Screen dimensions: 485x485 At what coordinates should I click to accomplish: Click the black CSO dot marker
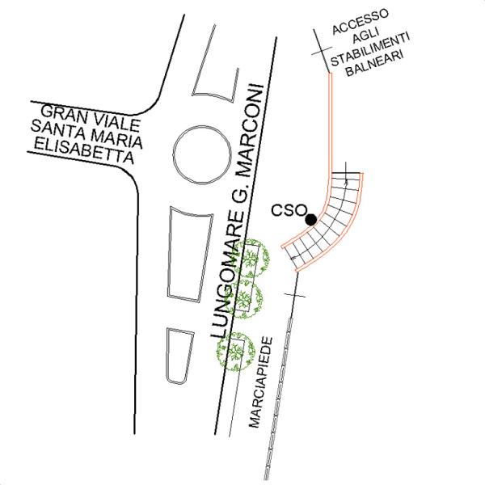[x=311, y=220]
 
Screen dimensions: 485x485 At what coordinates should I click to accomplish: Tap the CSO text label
[x=289, y=210]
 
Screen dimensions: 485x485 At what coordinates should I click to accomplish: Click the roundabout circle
[x=202, y=154]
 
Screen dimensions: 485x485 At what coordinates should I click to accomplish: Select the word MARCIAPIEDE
[x=261, y=382]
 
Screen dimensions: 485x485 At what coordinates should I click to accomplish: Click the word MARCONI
[x=253, y=130]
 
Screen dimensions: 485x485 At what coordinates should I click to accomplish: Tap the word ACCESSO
[x=361, y=22]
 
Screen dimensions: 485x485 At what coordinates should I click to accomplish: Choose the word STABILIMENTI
[x=370, y=49]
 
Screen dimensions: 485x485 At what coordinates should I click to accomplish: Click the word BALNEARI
[x=375, y=64]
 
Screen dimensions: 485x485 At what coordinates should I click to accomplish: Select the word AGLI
[x=366, y=36]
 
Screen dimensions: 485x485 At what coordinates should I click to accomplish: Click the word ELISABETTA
[x=84, y=151]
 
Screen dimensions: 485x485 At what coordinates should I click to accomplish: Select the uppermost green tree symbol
[x=251, y=256]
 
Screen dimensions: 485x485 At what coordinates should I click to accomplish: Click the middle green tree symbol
[x=245, y=299]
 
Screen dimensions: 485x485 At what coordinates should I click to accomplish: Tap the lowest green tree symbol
[x=236, y=352]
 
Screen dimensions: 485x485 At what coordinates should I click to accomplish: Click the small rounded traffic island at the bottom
[x=179, y=356]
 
